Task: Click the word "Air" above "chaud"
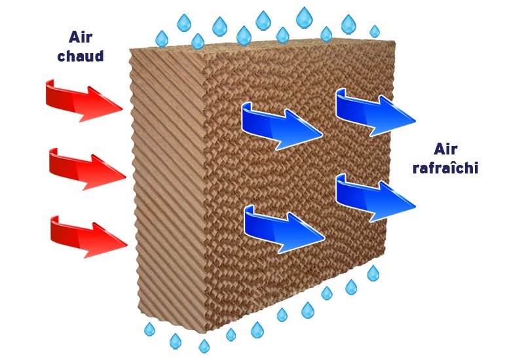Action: (x=81, y=36)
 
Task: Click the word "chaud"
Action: (x=81, y=56)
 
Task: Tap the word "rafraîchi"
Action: (x=445, y=168)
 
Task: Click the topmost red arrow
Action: (x=82, y=100)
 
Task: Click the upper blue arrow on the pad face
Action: (x=280, y=124)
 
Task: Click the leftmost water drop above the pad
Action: (x=161, y=39)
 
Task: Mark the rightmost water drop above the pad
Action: (x=375, y=31)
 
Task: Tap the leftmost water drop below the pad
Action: (x=149, y=329)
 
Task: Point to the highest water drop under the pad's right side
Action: (x=373, y=273)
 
